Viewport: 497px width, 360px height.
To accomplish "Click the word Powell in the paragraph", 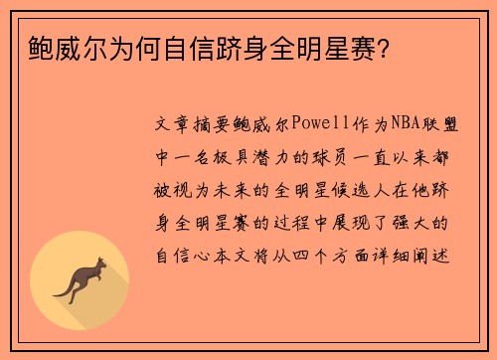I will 312,126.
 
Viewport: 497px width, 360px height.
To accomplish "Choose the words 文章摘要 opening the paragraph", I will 193,126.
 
